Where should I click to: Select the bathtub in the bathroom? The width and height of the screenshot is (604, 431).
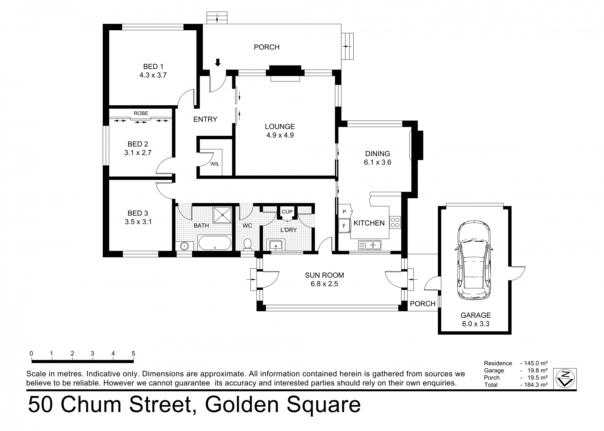[214, 243]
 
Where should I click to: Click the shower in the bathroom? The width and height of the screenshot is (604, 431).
[223, 215]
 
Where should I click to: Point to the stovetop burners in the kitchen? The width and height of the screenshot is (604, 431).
[395, 222]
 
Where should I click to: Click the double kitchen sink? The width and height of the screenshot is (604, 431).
[370, 245]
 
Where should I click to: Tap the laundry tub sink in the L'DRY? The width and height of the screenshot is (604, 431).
[276, 245]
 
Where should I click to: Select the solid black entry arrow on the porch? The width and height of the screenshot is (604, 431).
[218, 62]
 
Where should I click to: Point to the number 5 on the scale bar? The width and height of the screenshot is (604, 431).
[133, 353]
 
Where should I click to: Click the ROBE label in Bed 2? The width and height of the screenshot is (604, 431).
[141, 113]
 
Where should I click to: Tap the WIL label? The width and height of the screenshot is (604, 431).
[215, 164]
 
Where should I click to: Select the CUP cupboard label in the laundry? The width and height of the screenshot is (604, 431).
[287, 212]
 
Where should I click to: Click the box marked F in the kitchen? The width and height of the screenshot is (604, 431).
[344, 226]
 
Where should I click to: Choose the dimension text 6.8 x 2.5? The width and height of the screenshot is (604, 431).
[324, 284]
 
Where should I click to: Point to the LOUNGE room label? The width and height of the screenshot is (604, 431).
[280, 126]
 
